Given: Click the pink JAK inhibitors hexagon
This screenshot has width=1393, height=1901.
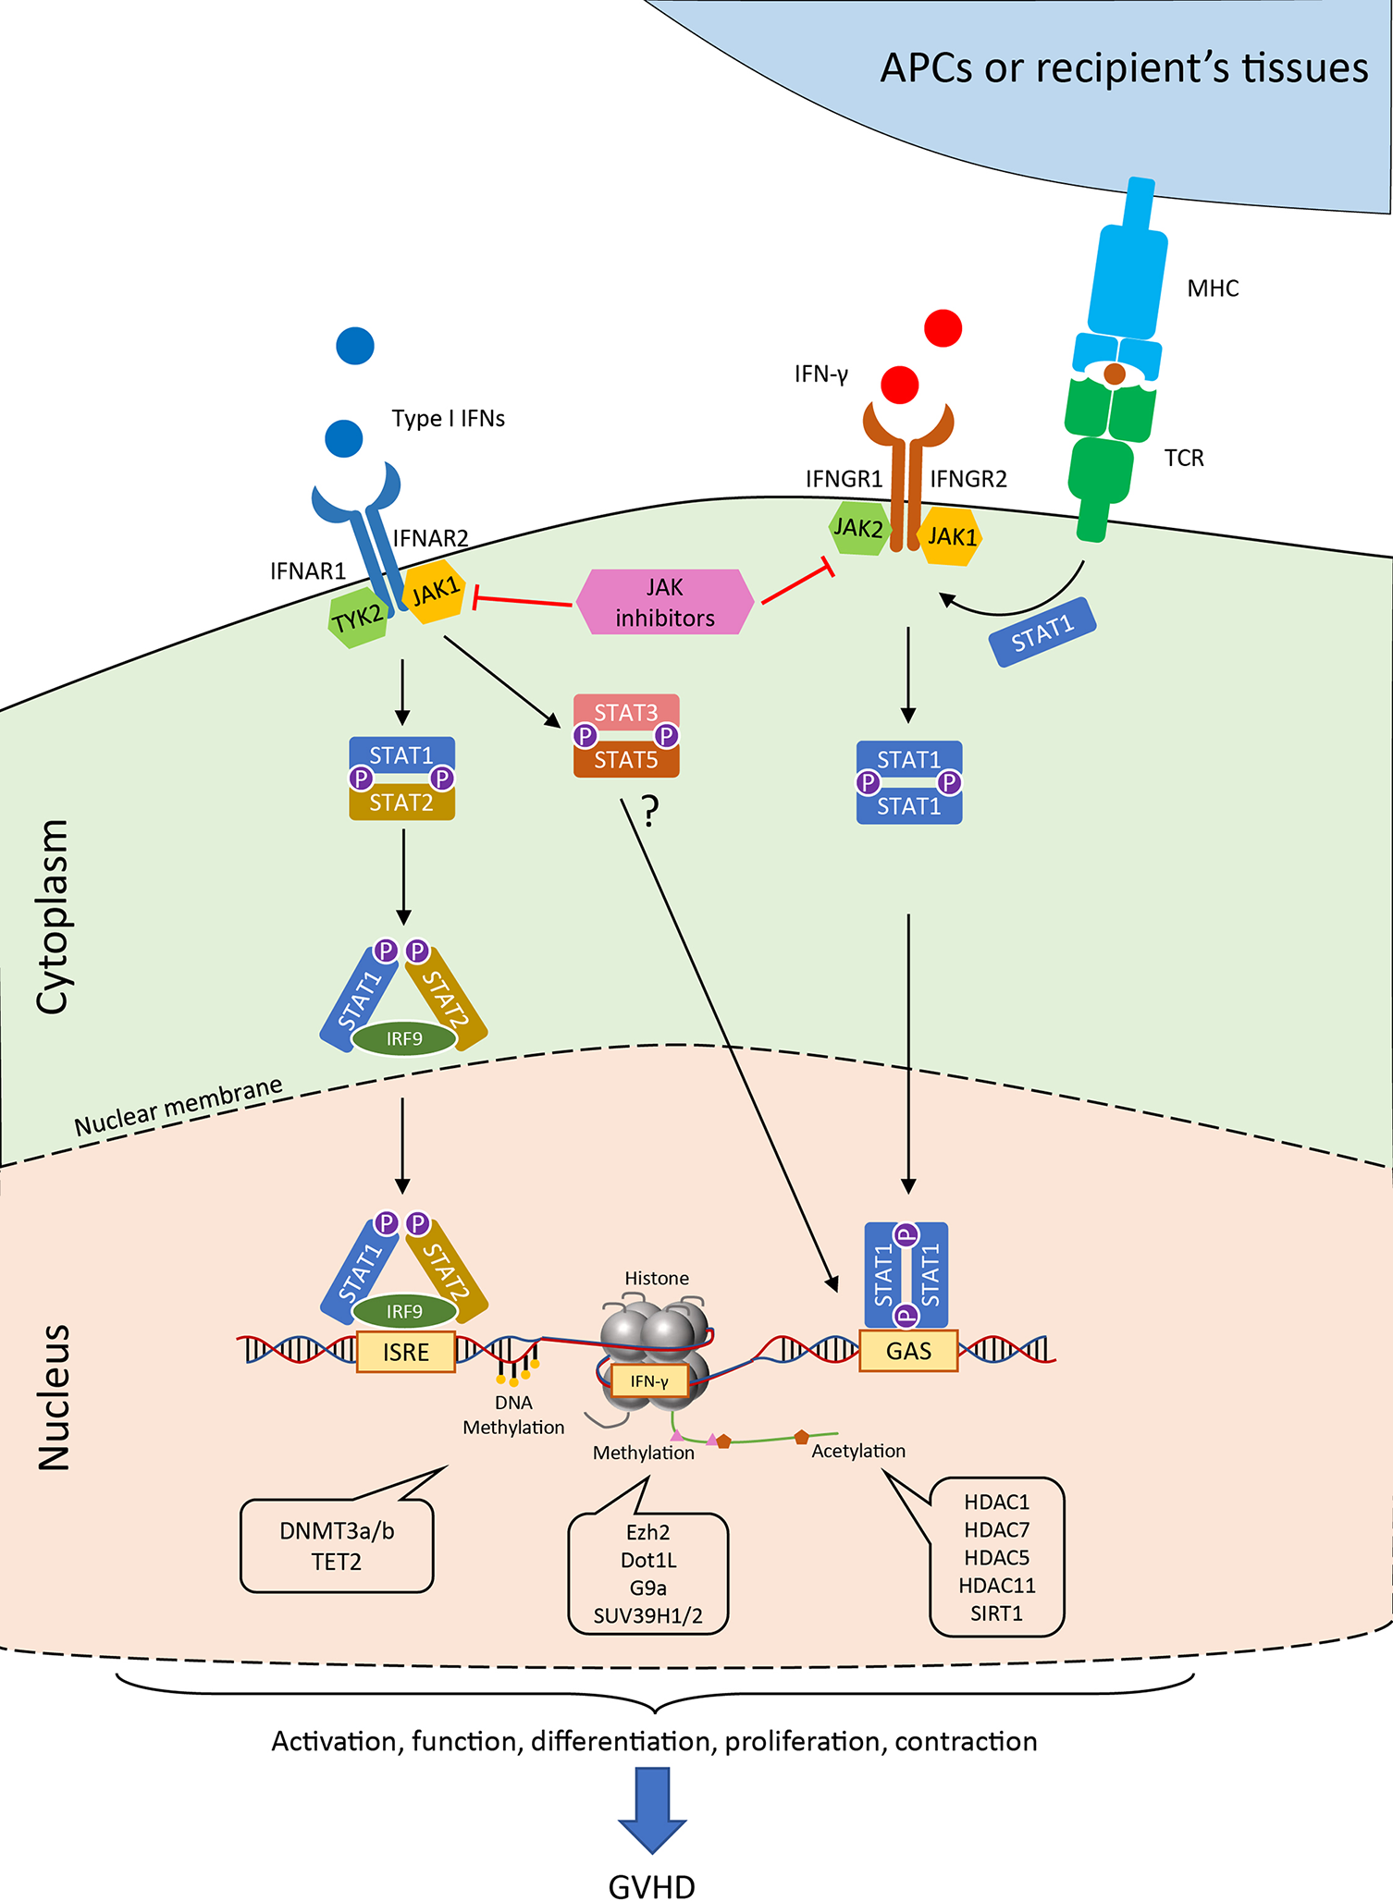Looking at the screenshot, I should (664, 602).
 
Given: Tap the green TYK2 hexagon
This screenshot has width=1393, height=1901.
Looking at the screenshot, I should (358, 618).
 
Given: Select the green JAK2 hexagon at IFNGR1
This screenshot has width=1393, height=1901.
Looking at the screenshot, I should (857, 528).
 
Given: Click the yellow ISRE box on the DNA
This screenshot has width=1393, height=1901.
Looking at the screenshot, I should (406, 1352).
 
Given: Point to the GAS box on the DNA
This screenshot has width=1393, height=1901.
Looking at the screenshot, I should (908, 1351).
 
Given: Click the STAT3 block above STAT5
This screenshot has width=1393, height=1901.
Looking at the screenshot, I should (626, 712).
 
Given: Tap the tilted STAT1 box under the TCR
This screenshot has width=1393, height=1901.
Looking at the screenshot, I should (1042, 633).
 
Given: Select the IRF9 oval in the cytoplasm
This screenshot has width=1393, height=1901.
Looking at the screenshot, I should (404, 1038).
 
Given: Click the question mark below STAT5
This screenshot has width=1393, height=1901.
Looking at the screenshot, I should (650, 811).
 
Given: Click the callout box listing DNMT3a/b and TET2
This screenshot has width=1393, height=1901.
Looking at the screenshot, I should (337, 1546).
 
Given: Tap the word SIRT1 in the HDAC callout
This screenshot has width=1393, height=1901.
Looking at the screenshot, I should (996, 1613).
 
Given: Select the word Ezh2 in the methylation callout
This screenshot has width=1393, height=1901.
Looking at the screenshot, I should (647, 1532).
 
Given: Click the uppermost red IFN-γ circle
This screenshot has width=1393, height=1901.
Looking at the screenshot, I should (943, 328).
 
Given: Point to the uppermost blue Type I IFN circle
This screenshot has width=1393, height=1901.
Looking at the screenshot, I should (355, 346).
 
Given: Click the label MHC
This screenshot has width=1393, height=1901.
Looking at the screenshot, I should (1212, 288).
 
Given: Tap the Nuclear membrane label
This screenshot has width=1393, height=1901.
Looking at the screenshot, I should (179, 1107).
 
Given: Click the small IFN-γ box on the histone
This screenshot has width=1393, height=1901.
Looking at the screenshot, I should (649, 1381).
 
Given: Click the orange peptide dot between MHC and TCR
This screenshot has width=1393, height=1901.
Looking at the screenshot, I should (1115, 374).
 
